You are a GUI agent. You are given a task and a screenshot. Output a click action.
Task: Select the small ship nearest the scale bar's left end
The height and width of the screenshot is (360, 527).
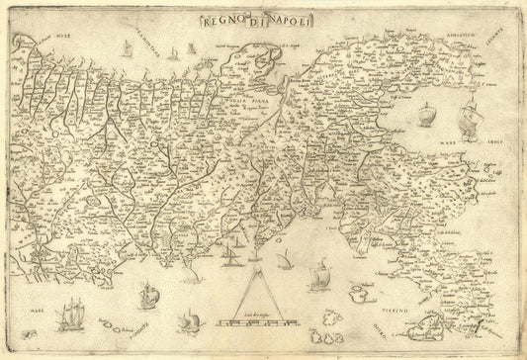188,321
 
